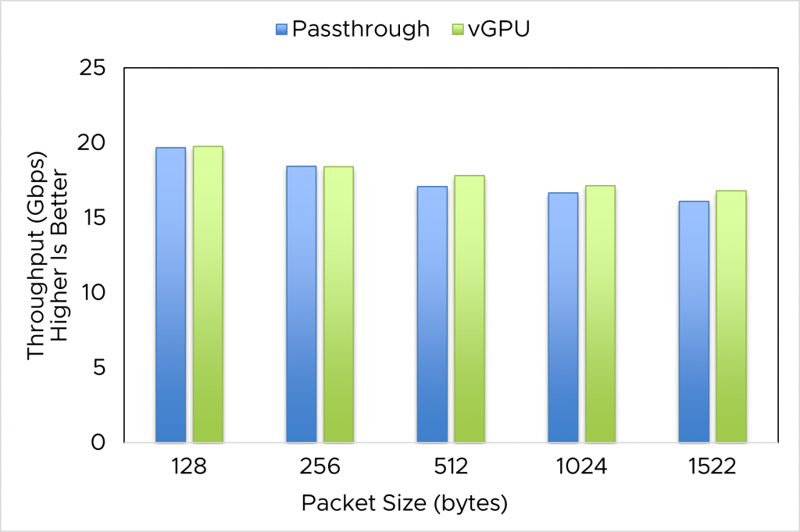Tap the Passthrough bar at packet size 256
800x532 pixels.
click(x=302, y=304)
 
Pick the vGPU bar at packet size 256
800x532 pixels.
click(x=339, y=304)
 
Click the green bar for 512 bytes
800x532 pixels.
click(x=470, y=309)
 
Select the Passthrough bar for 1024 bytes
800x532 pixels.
click(x=563, y=317)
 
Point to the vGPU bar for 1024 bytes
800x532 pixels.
click(x=601, y=313)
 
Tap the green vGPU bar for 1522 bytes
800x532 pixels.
click(x=732, y=316)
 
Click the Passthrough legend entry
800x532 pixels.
click(x=352, y=29)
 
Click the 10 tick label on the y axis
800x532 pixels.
click(x=92, y=292)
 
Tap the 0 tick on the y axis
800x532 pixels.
click(x=98, y=442)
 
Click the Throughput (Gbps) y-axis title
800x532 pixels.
click(x=36, y=255)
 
